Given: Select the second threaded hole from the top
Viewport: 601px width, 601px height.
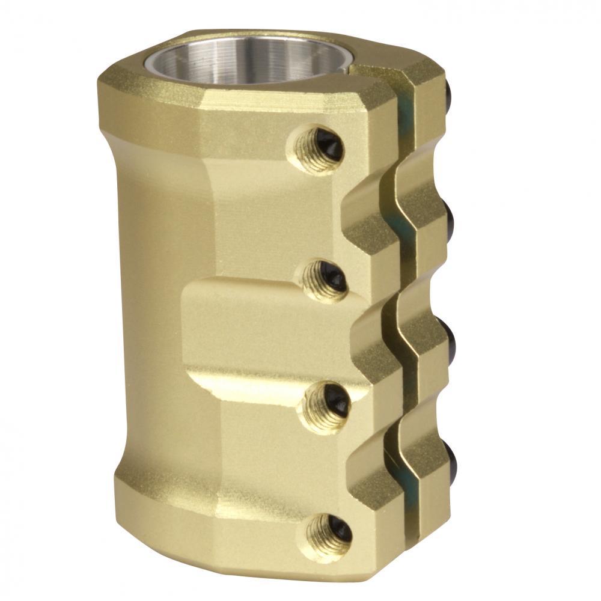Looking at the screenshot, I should [325, 280].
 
